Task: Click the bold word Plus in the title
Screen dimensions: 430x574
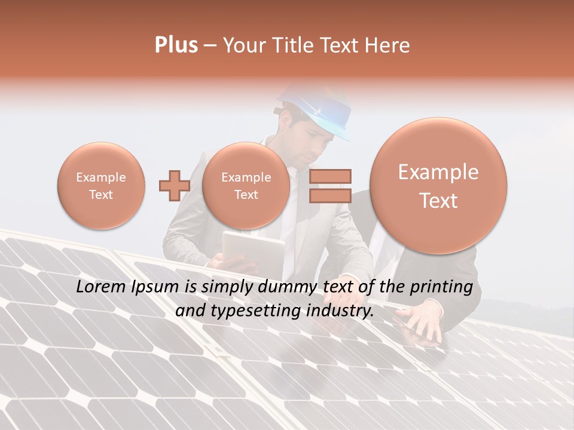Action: pyautogui.click(x=176, y=45)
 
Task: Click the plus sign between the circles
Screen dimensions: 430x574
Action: pyautogui.click(x=174, y=186)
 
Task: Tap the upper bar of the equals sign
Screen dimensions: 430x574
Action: pyautogui.click(x=330, y=176)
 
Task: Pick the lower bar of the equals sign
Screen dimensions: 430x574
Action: pyautogui.click(x=330, y=195)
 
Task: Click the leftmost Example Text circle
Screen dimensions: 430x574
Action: pyautogui.click(x=101, y=186)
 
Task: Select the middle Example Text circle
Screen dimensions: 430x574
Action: pyautogui.click(x=246, y=186)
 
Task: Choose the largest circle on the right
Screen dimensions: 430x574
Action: pyautogui.click(x=438, y=186)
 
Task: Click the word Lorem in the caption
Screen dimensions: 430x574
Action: pyautogui.click(x=97, y=287)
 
